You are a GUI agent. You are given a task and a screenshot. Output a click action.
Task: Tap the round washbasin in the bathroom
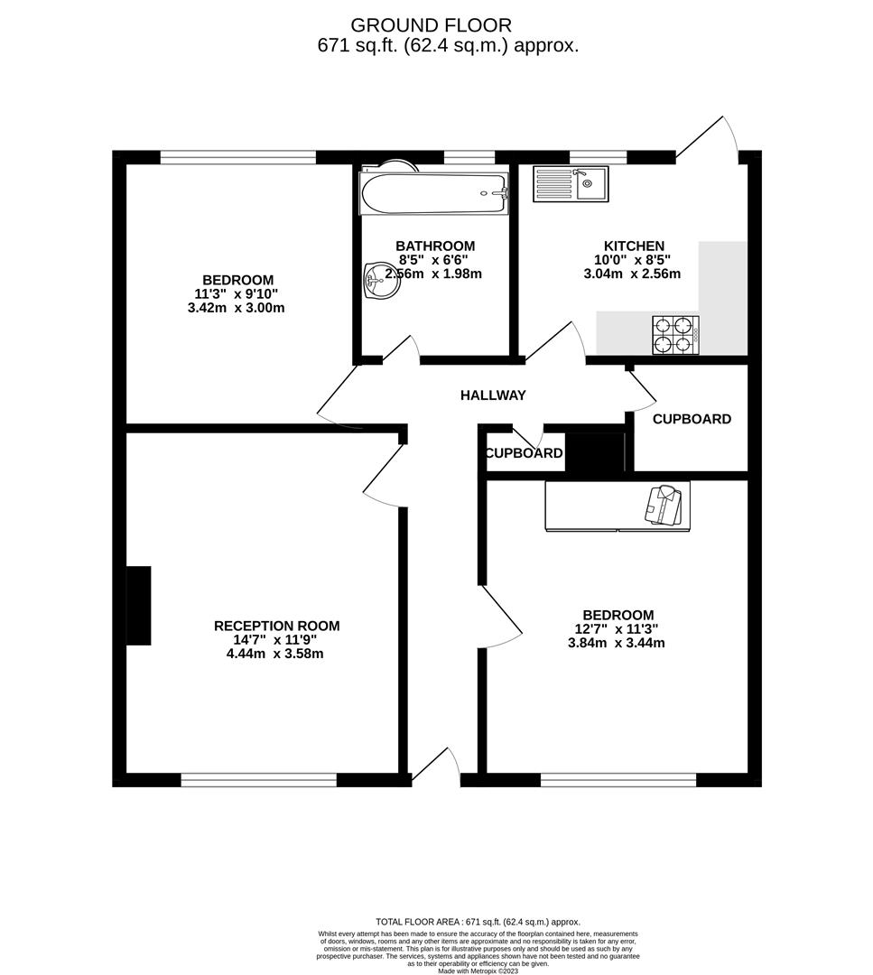[x=379, y=282]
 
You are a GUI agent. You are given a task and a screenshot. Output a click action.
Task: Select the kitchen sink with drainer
[x=571, y=184]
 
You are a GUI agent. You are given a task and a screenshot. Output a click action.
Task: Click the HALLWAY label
[x=493, y=395]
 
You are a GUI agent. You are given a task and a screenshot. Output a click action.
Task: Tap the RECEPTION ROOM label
[x=276, y=626]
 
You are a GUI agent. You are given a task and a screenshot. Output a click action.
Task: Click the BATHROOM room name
[x=435, y=246]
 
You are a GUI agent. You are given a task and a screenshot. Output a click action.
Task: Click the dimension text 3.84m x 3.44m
[x=617, y=644]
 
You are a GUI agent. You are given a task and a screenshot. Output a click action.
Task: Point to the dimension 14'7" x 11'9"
[x=276, y=640]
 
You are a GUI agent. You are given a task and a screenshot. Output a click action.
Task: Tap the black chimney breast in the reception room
[x=138, y=606]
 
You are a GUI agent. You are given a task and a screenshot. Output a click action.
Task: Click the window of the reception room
[x=258, y=780]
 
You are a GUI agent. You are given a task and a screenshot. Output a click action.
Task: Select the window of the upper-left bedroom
[x=238, y=157]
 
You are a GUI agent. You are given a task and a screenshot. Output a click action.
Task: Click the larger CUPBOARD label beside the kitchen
[x=692, y=419]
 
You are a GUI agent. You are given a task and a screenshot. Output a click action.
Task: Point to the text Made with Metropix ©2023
[x=477, y=971]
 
